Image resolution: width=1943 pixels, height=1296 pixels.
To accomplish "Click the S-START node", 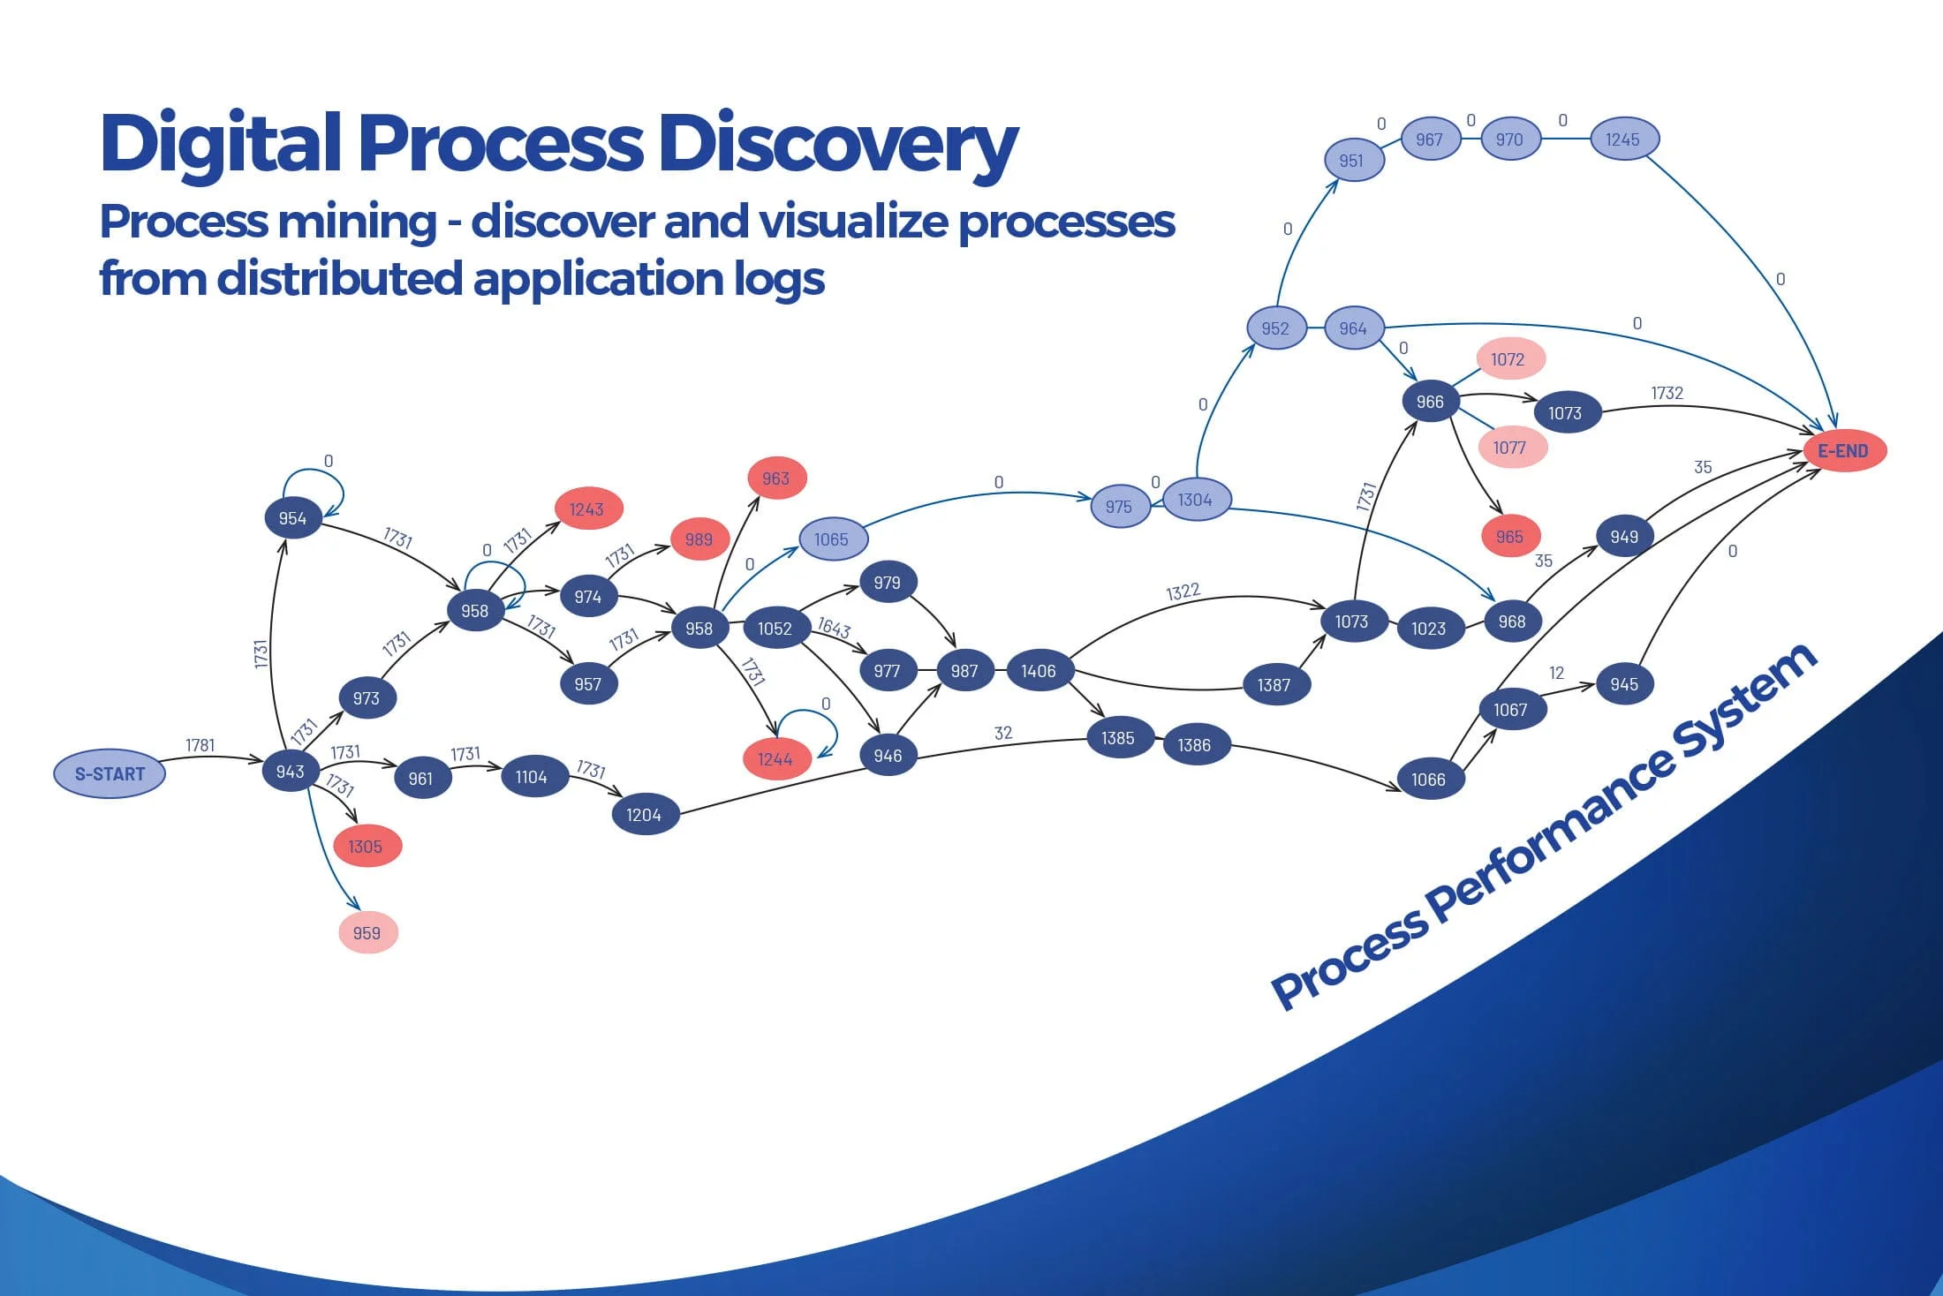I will (110, 774).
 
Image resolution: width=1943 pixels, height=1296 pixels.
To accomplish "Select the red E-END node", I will (1844, 451).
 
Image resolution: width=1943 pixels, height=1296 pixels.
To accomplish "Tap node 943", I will (290, 772).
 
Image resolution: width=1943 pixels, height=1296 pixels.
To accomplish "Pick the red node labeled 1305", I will (366, 847).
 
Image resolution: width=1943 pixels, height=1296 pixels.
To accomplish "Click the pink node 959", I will (367, 933).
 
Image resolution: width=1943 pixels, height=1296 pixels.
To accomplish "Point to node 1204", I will (645, 815).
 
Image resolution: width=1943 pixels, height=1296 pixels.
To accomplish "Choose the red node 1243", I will (587, 509).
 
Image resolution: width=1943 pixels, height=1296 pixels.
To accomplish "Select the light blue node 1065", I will (832, 539).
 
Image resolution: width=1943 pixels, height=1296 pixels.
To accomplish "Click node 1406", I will (1039, 671).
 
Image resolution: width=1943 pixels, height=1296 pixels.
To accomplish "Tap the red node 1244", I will (775, 759).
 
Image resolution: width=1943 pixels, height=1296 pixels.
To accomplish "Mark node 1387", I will (1274, 685).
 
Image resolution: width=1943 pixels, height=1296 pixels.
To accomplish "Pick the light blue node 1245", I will (1623, 139).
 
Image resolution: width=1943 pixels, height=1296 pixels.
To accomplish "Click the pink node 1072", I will (1508, 359).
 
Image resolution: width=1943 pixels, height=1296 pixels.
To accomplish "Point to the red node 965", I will (1509, 537).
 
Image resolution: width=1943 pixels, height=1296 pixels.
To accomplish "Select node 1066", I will (1428, 780).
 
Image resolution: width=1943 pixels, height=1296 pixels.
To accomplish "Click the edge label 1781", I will (200, 745).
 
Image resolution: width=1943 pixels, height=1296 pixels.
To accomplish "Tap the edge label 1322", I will (1183, 591).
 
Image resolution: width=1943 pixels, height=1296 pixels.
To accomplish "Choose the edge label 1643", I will (834, 628).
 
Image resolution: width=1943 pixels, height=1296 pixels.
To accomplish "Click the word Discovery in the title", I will (837, 145).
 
